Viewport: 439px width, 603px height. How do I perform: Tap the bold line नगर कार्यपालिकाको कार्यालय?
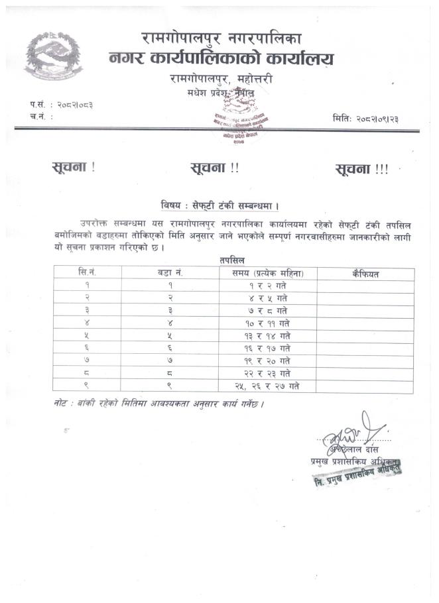(x=221, y=60)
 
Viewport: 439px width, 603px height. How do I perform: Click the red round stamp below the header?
(x=237, y=121)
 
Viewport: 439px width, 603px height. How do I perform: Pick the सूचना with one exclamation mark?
(x=73, y=168)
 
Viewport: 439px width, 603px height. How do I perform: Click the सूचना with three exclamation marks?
(x=361, y=169)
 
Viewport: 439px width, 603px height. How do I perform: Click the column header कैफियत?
(x=365, y=273)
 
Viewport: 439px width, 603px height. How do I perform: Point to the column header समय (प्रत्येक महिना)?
(x=268, y=273)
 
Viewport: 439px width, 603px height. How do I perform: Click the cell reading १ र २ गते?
(x=268, y=285)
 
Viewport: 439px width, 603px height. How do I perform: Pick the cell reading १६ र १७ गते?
(x=268, y=348)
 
